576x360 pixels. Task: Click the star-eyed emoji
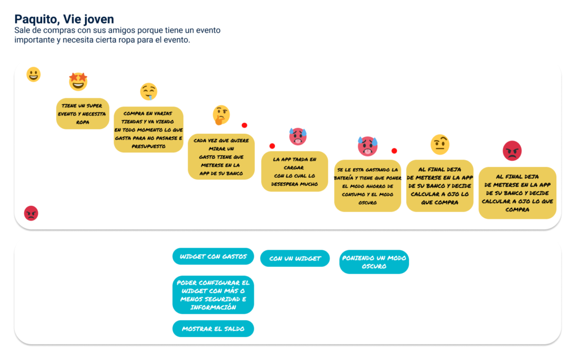(78, 81)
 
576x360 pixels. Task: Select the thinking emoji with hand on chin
(221, 115)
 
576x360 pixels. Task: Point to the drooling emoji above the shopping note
(148, 92)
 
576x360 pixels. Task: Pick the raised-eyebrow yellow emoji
(440, 145)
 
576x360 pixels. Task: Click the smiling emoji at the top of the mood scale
(33, 75)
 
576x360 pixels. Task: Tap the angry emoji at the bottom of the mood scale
(31, 213)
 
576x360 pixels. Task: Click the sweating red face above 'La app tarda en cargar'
(298, 136)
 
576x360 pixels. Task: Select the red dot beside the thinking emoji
(244, 125)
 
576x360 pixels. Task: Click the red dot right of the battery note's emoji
(394, 151)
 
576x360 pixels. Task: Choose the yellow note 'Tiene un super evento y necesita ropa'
(83, 114)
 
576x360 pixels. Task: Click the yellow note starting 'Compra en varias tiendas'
(148, 130)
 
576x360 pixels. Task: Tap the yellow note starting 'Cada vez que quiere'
(221, 156)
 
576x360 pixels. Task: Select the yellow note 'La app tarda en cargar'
(295, 172)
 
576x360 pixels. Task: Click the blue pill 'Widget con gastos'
(213, 256)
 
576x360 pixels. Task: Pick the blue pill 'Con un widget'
(295, 258)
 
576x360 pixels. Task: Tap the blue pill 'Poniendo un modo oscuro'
(374, 262)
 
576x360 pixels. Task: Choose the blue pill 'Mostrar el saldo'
(213, 328)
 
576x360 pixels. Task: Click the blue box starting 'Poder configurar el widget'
(213, 295)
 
